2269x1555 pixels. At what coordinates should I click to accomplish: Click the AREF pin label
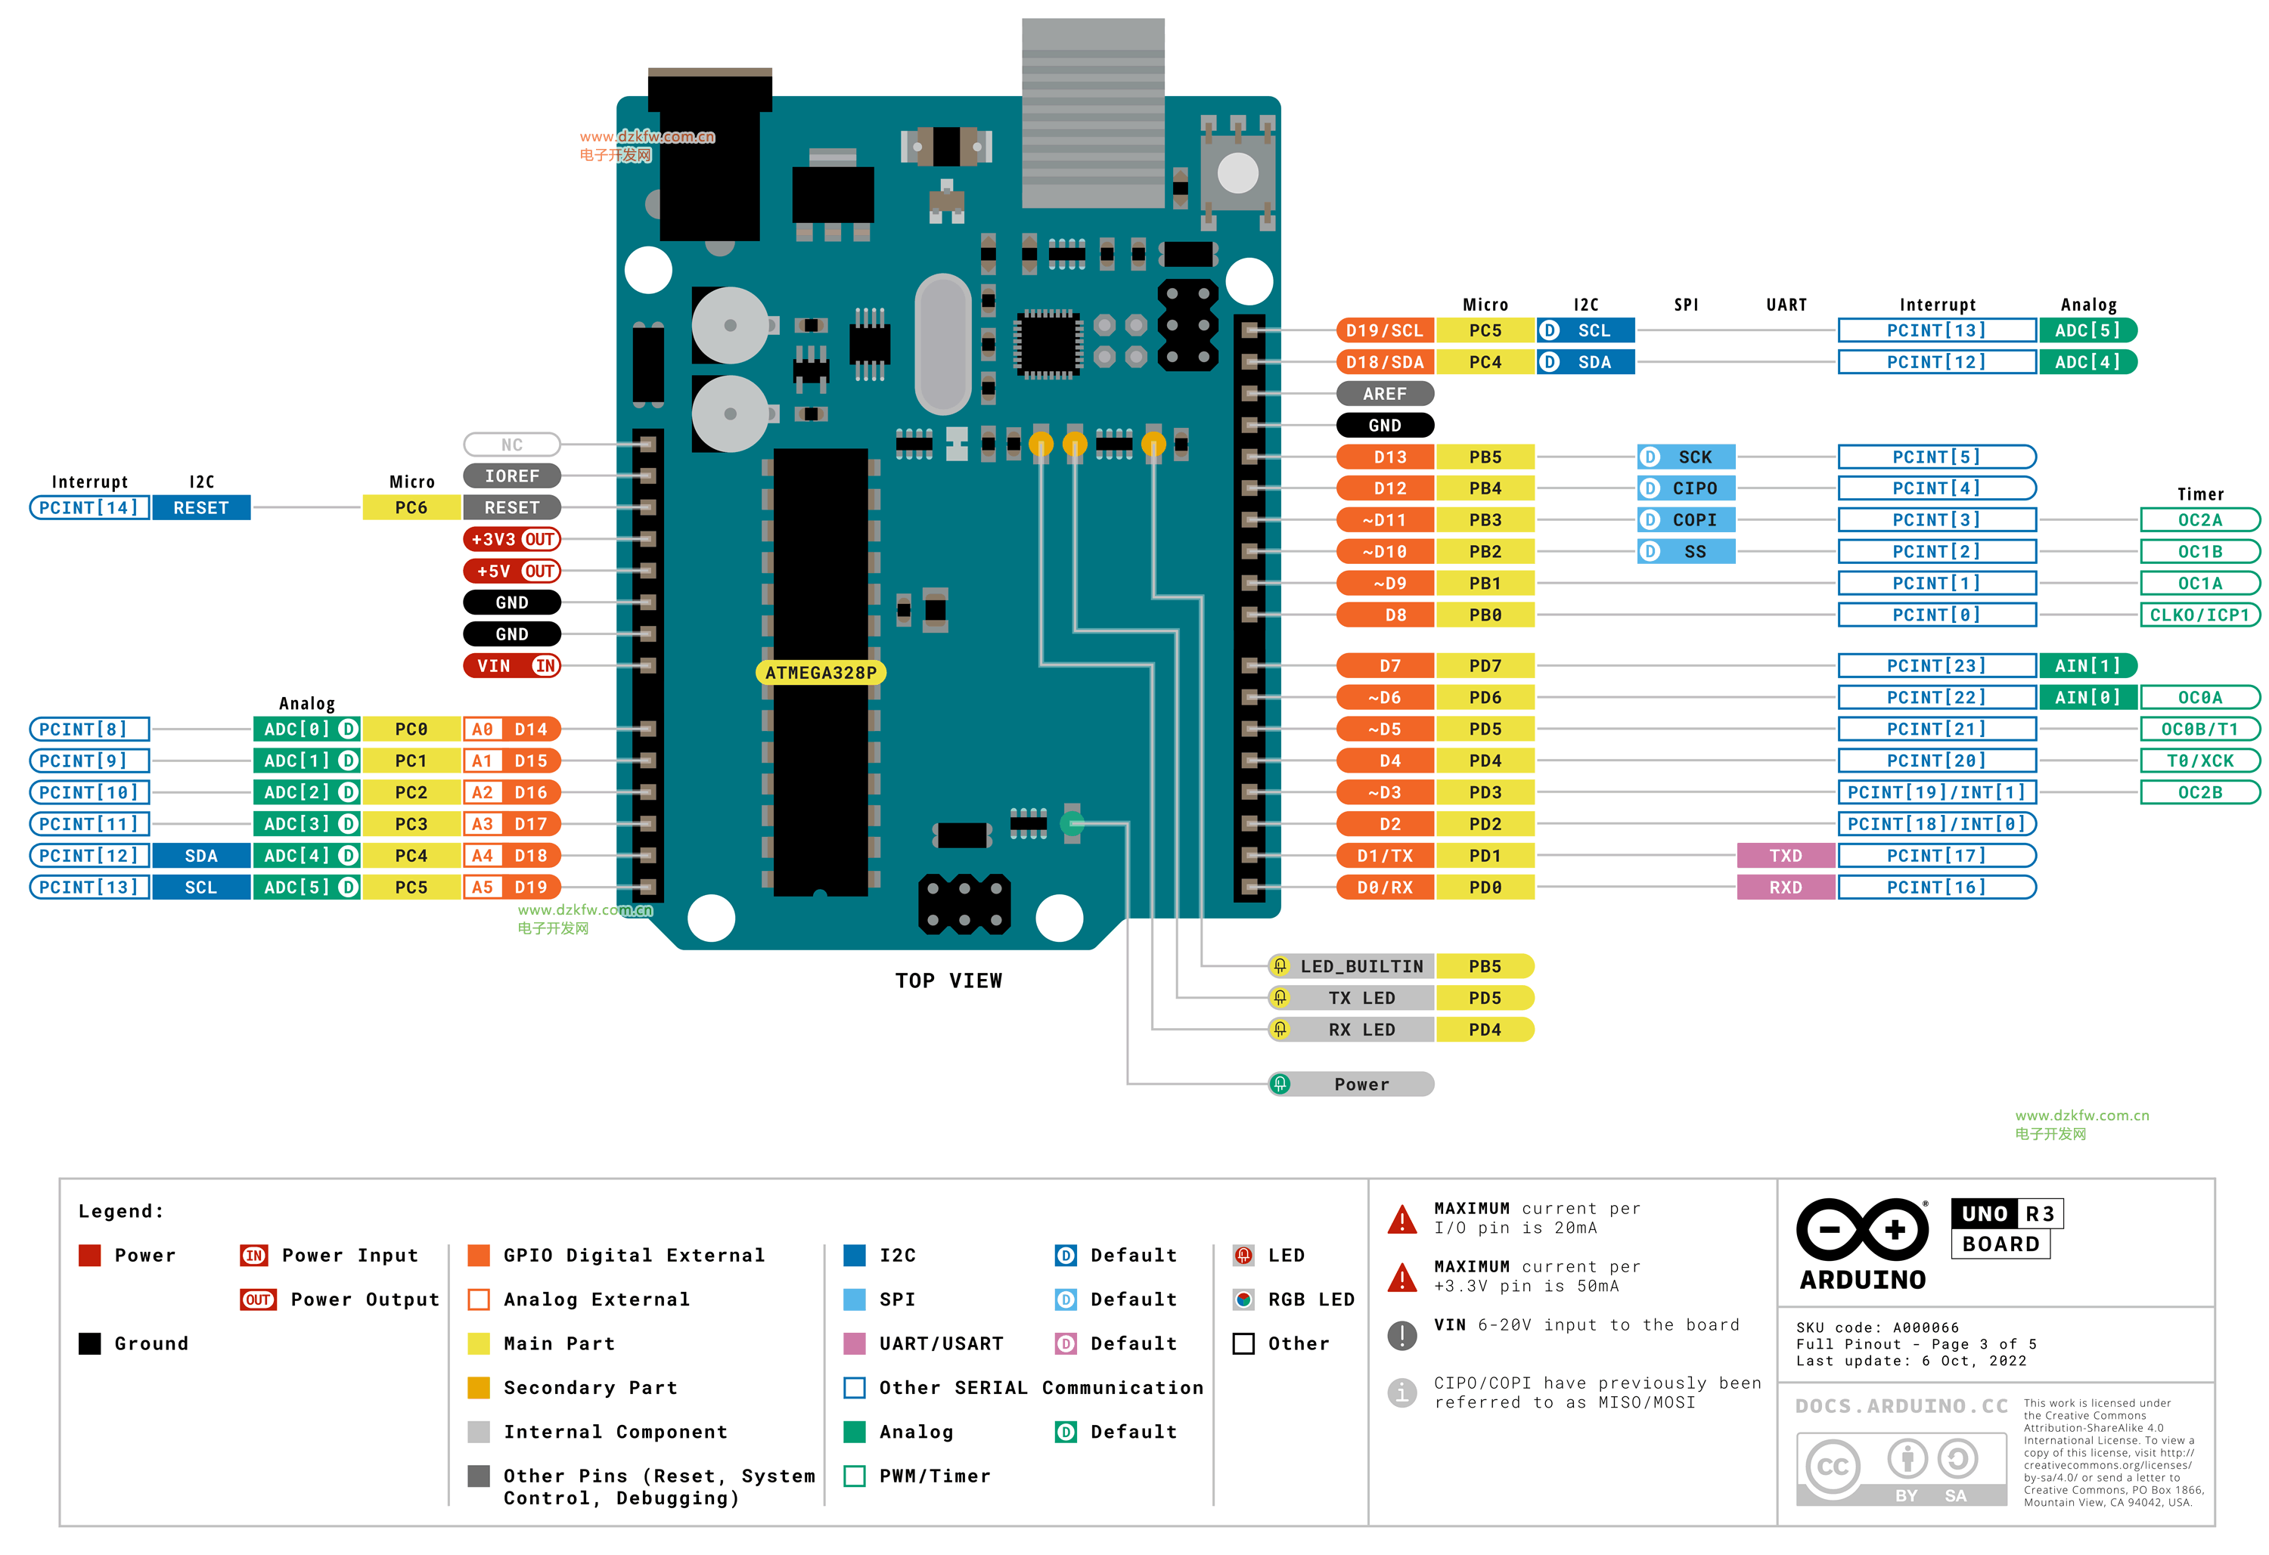point(1384,393)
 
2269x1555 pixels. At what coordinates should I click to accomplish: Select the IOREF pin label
point(511,475)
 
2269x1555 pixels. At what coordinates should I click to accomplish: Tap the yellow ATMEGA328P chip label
point(820,673)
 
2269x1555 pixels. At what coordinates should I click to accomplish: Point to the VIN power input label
point(511,666)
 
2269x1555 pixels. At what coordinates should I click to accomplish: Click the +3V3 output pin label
point(511,539)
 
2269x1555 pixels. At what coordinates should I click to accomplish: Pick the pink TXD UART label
point(1785,855)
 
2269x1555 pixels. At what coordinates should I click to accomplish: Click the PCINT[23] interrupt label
point(1936,666)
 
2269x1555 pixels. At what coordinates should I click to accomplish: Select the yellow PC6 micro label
point(411,507)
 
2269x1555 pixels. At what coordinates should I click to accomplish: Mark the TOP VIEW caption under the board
point(948,980)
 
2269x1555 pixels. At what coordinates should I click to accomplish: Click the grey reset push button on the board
point(1238,174)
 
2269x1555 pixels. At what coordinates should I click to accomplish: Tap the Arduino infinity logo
point(1862,1229)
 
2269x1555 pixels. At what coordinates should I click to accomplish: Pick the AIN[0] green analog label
point(2087,697)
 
